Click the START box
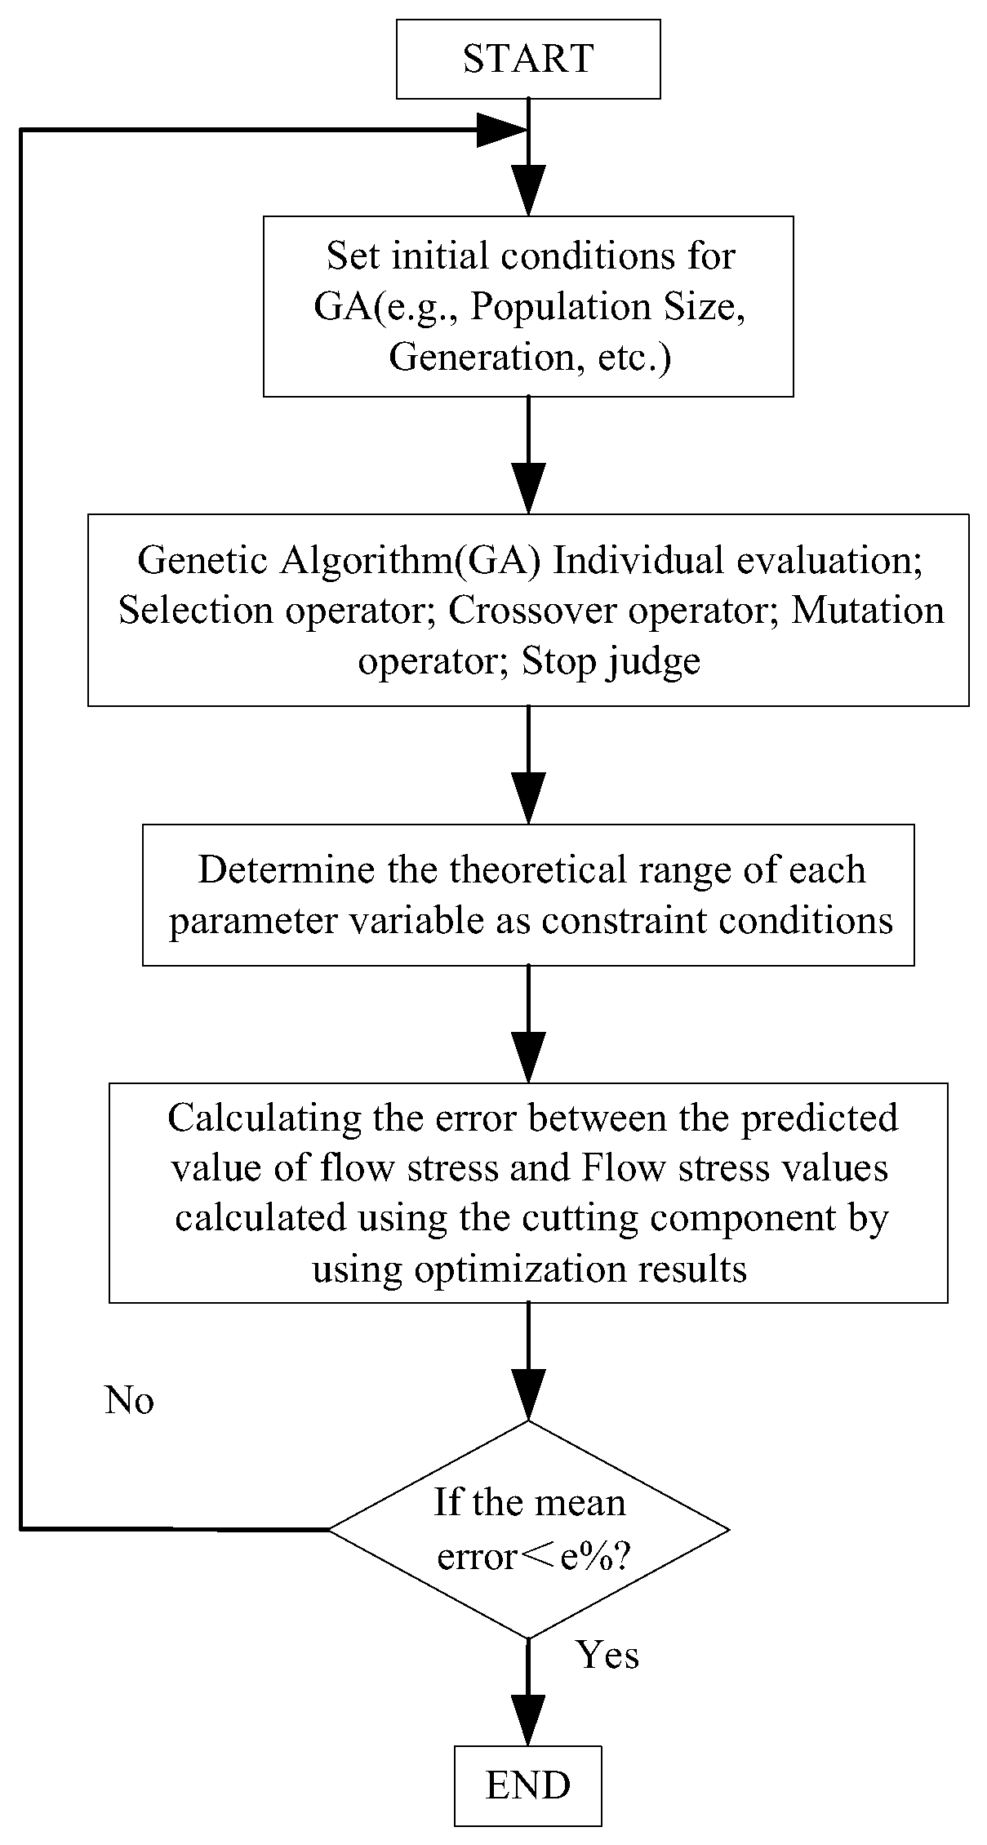pyautogui.click(x=528, y=60)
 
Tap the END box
pyautogui.click(x=528, y=1785)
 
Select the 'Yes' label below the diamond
pyautogui.click(x=607, y=1655)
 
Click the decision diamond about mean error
pyautogui.click(x=528, y=1529)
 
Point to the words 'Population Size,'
pyautogui.click(x=608, y=308)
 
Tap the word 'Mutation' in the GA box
pyautogui.click(x=868, y=611)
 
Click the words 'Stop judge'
pyautogui.click(x=611, y=661)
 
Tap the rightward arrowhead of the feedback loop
pyautogui.click(x=500, y=130)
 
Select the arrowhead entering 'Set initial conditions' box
pyautogui.click(x=528, y=189)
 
